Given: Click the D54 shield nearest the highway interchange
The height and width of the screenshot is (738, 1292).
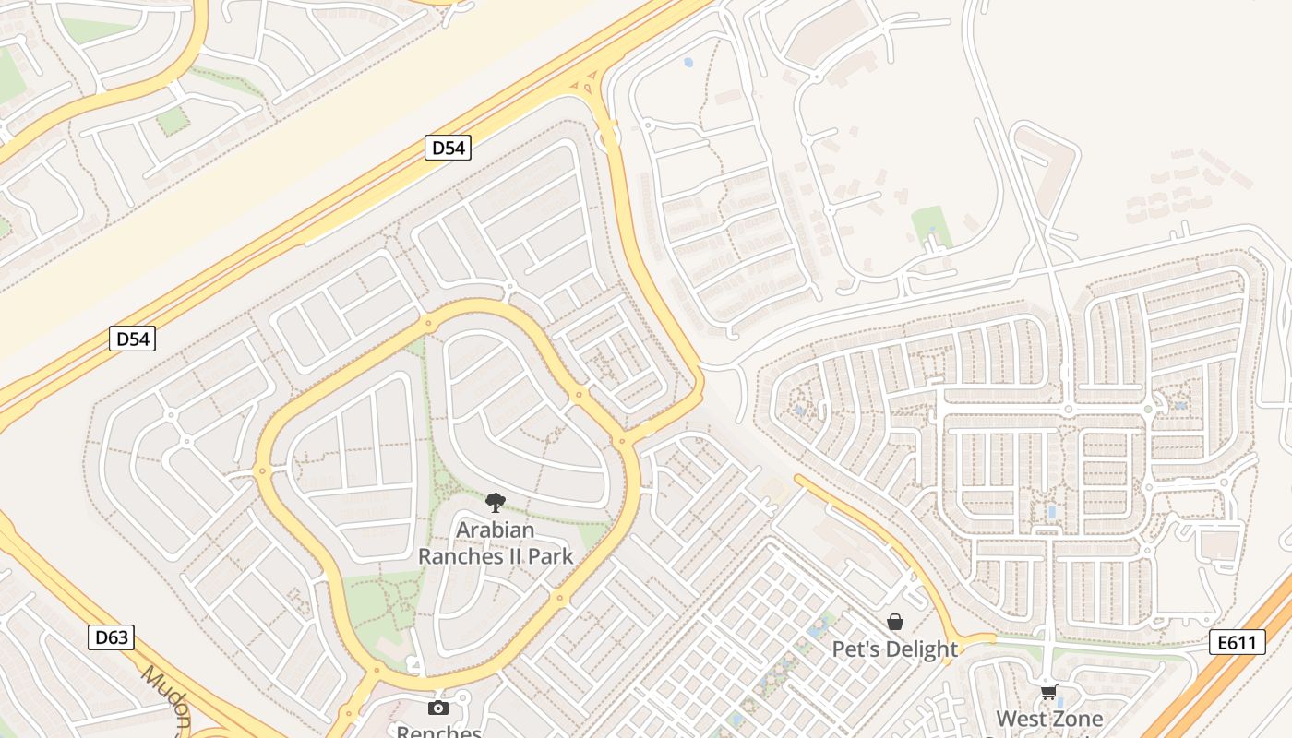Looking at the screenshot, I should [x=448, y=148].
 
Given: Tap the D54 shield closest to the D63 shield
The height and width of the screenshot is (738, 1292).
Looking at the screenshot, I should [x=132, y=339].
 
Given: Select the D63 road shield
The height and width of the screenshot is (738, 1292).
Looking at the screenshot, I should [x=112, y=637].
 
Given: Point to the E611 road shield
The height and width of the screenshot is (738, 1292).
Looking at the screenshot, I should [x=1236, y=642].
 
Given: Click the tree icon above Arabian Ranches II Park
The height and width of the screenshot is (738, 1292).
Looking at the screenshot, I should [x=496, y=503].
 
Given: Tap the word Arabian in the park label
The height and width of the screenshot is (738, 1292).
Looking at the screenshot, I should [x=496, y=530].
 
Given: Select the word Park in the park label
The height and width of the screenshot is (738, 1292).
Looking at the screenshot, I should [x=551, y=556].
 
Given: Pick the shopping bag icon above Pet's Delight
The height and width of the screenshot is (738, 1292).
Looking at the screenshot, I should [x=894, y=622].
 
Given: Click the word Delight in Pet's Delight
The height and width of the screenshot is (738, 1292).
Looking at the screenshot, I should [x=923, y=649].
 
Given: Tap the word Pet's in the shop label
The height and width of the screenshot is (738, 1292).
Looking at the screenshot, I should [x=856, y=649].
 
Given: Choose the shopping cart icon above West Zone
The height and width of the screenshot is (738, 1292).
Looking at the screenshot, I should [x=1048, y=691].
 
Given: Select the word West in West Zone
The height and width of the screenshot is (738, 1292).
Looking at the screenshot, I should [x=1021, y=719].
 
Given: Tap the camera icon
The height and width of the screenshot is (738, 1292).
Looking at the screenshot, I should [x=438, y=708].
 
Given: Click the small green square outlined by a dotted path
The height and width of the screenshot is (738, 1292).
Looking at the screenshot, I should [x=173, y=121].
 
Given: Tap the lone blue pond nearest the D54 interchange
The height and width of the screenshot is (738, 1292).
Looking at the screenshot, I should [x=688, y=63].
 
